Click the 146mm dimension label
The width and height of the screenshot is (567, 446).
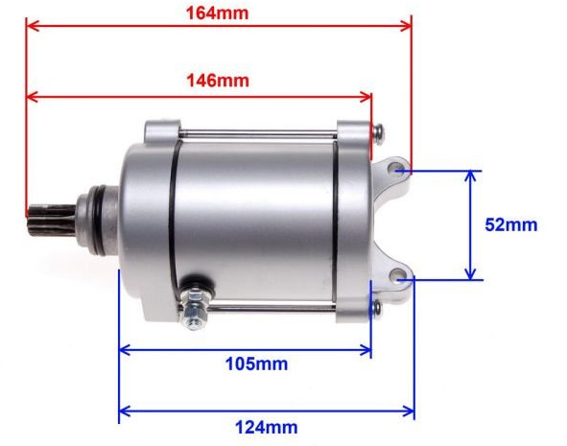(217, 81)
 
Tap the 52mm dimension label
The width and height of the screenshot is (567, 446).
(510, 225)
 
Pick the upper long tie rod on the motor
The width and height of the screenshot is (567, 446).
(259, 133)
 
